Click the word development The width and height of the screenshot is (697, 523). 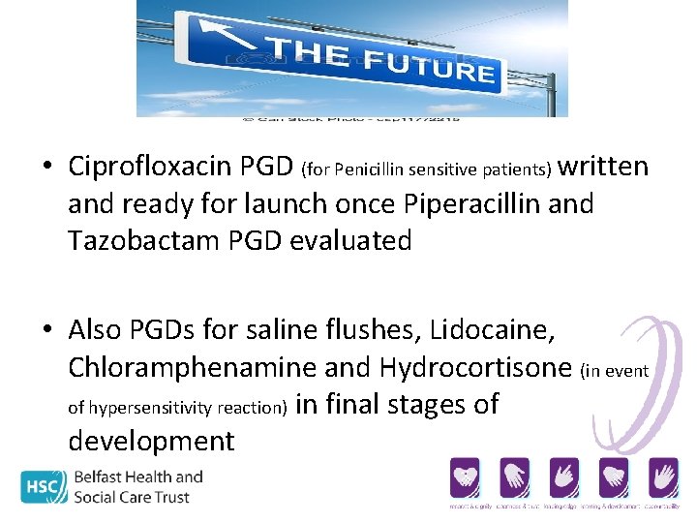pos(151,441)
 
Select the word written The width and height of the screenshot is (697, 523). pos(604,167)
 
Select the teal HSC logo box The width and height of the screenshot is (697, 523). pos(45,486)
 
